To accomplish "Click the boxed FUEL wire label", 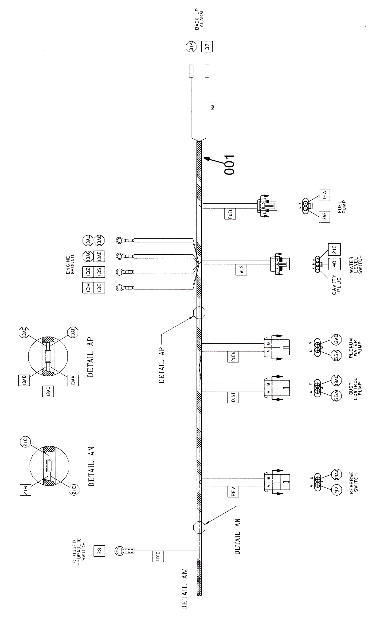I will [230, 214].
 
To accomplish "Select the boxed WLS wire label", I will [241, 270].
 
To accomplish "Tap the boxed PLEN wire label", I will [233, 356].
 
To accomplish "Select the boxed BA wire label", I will [213, 107].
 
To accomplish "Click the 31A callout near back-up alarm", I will [191, 47].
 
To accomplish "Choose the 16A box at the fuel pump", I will [324, 195].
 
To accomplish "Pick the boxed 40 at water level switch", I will [334, 264].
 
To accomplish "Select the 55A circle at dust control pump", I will [337, 396].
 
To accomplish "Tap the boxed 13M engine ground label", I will [88, 288].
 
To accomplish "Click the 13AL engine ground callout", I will [88, 241].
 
